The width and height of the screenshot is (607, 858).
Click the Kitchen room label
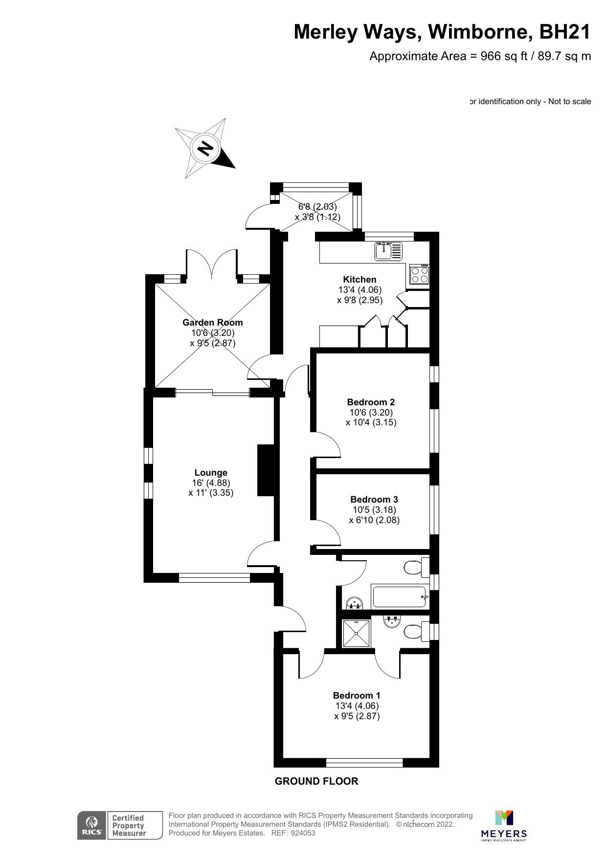(x=360, y=280)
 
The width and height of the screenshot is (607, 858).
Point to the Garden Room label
(x=212, y=323)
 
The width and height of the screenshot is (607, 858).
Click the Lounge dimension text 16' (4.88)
(x=211, y=483)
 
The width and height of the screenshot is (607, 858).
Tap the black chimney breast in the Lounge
(x=266, y=470)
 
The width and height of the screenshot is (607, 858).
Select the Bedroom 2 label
(x=371, y=402)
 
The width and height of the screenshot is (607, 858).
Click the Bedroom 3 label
(x=374, y=500)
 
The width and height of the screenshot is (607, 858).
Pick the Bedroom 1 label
(x=357, y=696)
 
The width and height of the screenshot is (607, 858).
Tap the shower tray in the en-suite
(x=356, y=633)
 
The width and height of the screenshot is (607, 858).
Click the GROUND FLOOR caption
(x=316, y=781)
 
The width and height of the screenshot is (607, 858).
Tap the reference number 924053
(x=303, y=833)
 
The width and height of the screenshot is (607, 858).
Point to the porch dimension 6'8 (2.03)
(x=317, y=207)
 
